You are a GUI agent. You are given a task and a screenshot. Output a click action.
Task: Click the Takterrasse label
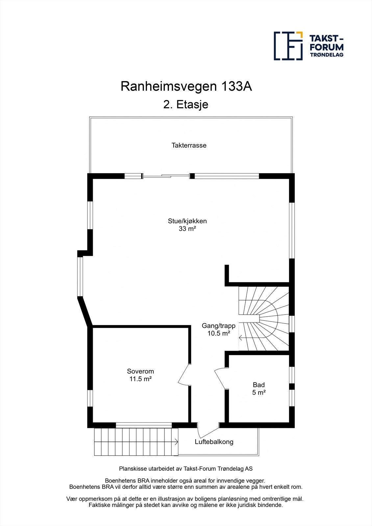tap(189, 145)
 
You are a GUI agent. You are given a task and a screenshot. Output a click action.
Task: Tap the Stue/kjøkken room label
tap(187, 221)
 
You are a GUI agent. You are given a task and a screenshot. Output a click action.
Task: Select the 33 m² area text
tap(187, 229)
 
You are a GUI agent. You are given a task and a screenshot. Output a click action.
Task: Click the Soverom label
tap(140, 371)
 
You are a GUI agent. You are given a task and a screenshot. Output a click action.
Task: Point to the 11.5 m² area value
tap(140, 379)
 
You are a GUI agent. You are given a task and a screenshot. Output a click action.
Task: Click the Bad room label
tap(259, 385)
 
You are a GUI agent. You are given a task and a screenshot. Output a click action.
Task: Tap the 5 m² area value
tap(259, 393)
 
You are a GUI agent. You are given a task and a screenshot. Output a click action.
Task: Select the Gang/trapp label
tap(218, 326)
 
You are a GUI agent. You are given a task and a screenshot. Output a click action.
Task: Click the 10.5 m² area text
tap(218, 333)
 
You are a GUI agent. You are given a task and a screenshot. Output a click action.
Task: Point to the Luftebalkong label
tap(214, 442)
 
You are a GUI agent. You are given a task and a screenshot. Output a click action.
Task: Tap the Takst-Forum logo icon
tap(288, 46)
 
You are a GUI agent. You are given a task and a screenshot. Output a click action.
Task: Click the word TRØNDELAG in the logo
tap(327, 55)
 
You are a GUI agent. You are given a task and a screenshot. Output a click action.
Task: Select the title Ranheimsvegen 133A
tap(186, 86)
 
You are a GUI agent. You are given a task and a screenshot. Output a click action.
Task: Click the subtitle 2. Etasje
tap(186, 105)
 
